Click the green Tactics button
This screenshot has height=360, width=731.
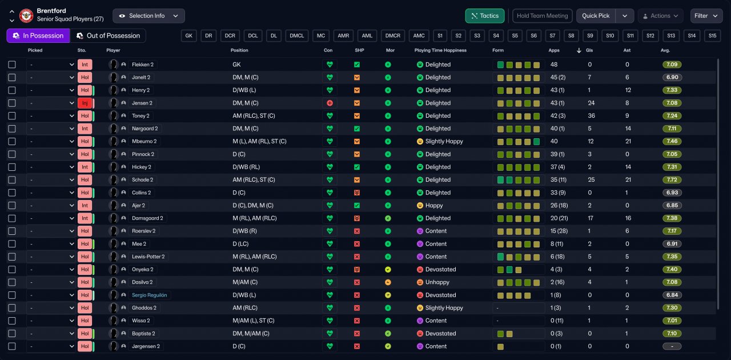point(485,15)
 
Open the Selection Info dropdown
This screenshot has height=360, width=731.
point(148,15)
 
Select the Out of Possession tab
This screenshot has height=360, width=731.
point(108,35)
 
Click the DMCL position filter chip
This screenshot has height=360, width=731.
point(296,35)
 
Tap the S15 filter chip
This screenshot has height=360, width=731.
point(712,35)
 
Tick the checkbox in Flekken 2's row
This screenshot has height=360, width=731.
point(12,65)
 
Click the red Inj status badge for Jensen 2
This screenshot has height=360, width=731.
point(85,103)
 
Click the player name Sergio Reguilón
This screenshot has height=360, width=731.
point(149,295)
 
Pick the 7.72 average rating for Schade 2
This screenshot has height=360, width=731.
point(672,179)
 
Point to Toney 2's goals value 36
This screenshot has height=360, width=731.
point(591,115)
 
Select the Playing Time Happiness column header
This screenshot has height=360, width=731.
point(440,50)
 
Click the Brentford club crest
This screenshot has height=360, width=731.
point(26,15)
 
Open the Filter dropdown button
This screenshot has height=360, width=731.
point(706,15)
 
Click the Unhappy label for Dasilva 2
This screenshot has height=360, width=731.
point(437,282)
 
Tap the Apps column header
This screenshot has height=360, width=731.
point(554,50)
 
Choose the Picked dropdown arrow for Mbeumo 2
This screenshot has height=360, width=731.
point(71,142)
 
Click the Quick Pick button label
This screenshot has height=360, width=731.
point(596,15)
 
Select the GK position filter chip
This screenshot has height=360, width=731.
point(188,35)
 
